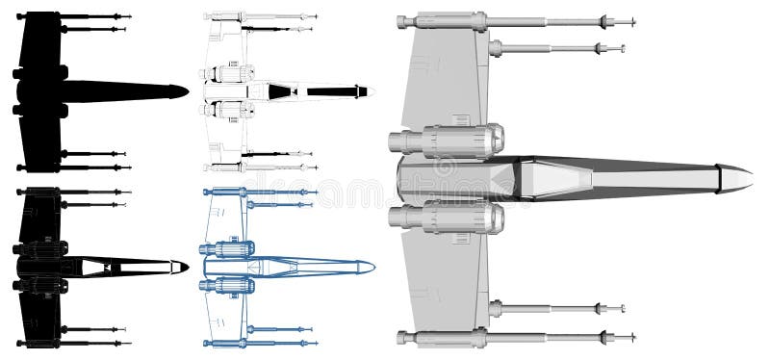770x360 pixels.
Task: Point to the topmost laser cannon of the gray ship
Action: point(520,20)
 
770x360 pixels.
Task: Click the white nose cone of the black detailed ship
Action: point(177,265)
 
